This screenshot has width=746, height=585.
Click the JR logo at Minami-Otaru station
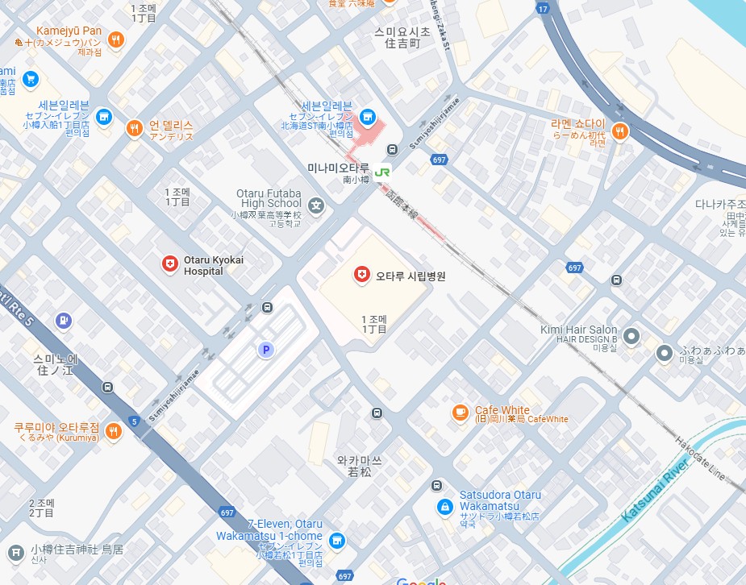(382, 170)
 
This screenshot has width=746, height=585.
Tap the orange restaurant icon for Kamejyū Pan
(117, 39)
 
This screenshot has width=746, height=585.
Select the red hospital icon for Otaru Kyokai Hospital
(169, 263)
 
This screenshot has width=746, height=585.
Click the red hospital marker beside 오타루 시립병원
(362, 275)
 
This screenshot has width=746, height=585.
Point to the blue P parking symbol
(264, 350)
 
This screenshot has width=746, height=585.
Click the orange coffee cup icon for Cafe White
(460, 412)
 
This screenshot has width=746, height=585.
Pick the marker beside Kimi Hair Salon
(631, 335)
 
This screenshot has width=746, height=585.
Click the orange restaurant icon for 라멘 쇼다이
(619, 131)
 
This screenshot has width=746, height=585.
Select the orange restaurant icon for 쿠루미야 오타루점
(113, 431)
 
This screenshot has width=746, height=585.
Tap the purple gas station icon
(63, 322)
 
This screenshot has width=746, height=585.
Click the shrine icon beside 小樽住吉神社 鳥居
(15, 553)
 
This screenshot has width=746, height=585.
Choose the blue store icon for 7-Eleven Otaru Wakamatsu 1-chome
(338, 541)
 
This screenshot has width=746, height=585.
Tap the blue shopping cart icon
(30, 78)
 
